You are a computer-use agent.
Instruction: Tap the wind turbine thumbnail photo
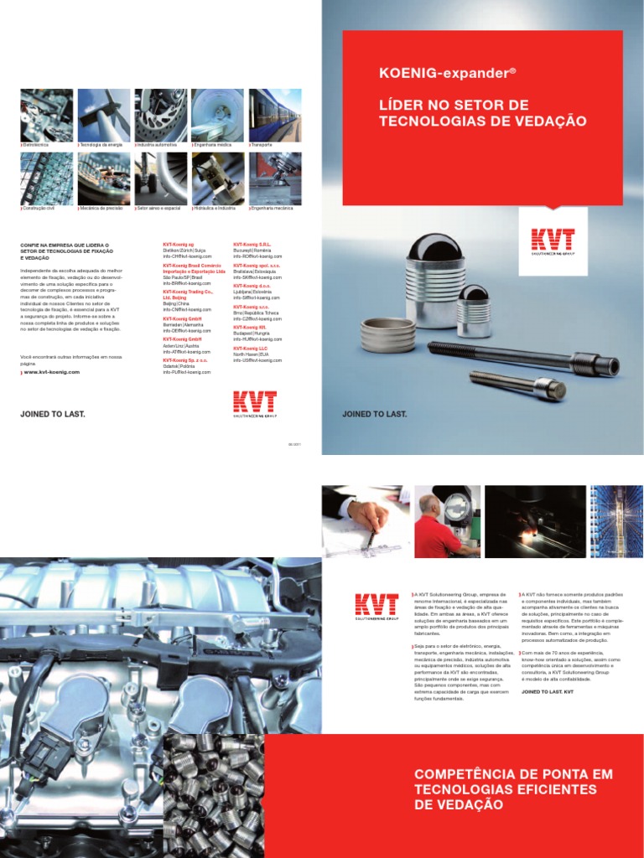click(x=103, y=115)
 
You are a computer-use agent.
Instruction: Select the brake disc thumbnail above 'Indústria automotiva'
click(x=160, y=115)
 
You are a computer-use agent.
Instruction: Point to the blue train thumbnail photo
click(x=275, y=115)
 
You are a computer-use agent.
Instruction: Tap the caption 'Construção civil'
click(x=39, y=207)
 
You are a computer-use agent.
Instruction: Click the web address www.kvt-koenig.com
click(x=52, y=372)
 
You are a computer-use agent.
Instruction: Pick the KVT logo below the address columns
click(x=254, y=402)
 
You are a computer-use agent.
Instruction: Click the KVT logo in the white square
click(x=553, y=241)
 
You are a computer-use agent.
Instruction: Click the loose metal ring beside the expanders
click(x=387, y=335)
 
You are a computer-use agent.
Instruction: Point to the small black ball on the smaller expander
click(x=475, y=293)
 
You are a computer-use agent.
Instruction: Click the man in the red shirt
click(x=436, y=532)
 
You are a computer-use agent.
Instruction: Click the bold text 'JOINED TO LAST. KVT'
click(x=547, y=692)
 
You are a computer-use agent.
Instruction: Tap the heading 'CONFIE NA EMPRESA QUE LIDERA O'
click(x=65, y=246)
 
